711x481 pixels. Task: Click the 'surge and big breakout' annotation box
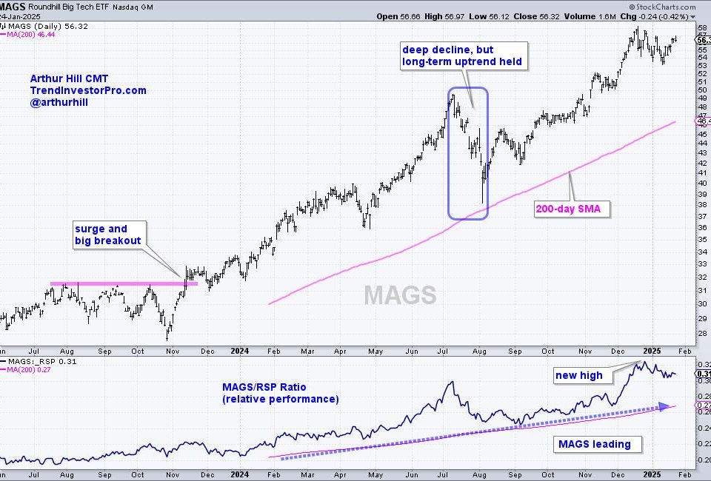coord(109,235)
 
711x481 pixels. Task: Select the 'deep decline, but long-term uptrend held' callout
coord(463,55)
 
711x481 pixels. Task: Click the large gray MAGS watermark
coord(400,295)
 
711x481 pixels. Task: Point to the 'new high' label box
coord(579,375)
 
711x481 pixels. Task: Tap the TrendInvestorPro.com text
coord(88,90)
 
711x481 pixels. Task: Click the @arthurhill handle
coord(59,104)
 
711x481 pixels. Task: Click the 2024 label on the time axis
coord(240,351)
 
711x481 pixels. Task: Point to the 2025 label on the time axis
coord(652,351)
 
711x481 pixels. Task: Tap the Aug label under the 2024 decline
coord(480,351)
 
